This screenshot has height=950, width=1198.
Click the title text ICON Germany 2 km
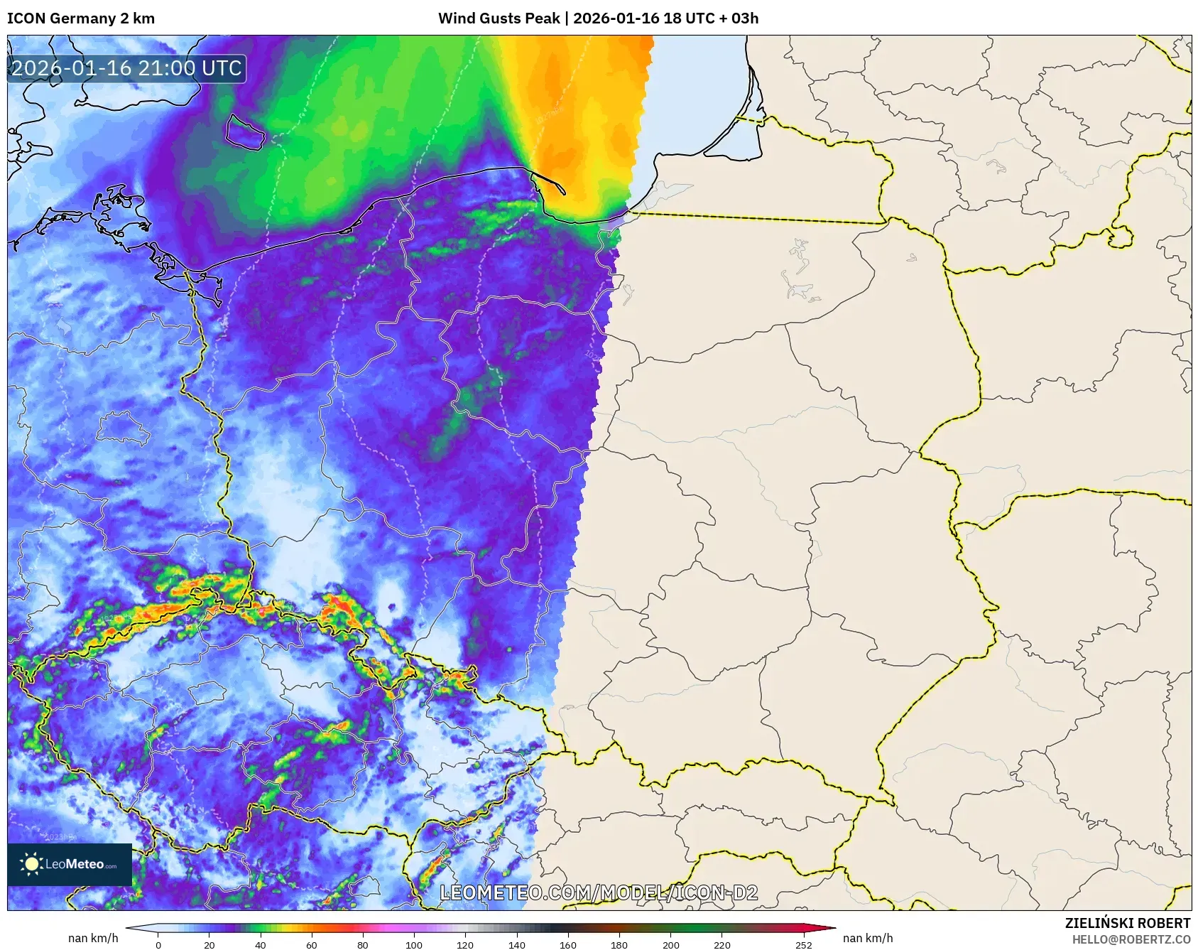[81, 18]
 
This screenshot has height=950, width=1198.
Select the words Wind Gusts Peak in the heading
[499, 18]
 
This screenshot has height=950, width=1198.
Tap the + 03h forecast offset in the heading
[739, 18]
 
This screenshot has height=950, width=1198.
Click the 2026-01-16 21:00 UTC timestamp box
[127, 69]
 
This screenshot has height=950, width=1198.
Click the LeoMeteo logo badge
[70, 864]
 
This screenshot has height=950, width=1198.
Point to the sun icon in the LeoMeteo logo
[31, 864]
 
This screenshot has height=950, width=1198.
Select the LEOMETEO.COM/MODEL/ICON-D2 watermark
[599, 893]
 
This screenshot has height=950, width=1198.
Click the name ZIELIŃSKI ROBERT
[1128, 923]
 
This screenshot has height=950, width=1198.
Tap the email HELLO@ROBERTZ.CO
[1131, 939]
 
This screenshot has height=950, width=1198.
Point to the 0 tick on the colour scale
[158, 945]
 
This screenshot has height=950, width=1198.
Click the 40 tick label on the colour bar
[260, 945]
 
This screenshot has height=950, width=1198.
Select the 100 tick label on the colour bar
[413, 945]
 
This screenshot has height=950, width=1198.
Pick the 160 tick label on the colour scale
[567, 945]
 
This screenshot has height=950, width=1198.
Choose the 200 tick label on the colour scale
[670, 945]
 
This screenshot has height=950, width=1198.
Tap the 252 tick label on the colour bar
[803, 945]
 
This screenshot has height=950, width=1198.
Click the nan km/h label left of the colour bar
[93, 938]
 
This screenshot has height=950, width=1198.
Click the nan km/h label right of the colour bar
[868, 938]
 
